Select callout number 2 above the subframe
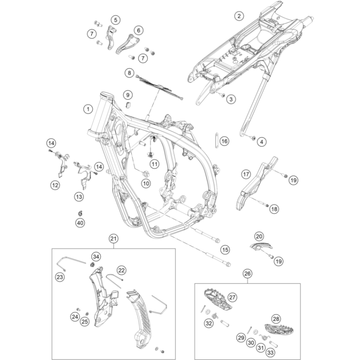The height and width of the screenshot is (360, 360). click(238, 16)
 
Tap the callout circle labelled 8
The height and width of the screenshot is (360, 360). click(129, 73)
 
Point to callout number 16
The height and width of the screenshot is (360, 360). click(224, 141)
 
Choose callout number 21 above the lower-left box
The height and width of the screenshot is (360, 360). click(113, 238)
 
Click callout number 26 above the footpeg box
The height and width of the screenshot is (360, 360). click(247, 274)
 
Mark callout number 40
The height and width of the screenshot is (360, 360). click(80, 222)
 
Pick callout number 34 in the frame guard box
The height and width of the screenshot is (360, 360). click(96, 256)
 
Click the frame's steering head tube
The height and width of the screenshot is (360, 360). click(101, 114)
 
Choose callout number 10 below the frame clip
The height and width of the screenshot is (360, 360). click(145, 183)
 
